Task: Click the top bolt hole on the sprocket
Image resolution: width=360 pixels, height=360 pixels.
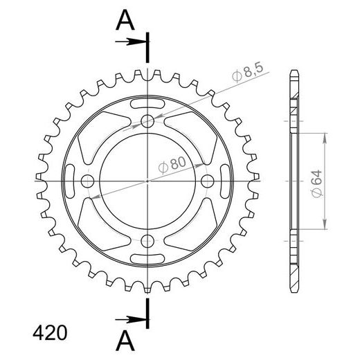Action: tap(147, 122)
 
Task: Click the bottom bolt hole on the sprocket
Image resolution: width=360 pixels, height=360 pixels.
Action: tap(147, 240)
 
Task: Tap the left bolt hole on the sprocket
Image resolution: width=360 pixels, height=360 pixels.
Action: tap(88, 181)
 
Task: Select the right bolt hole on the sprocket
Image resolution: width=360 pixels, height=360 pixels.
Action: tap(207, 181)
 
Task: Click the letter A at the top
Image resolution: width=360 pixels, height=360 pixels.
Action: tap(124, 21)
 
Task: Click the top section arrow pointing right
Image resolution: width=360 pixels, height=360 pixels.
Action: tap(132, 43)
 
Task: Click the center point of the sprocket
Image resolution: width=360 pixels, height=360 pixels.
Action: tap(147, 181)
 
